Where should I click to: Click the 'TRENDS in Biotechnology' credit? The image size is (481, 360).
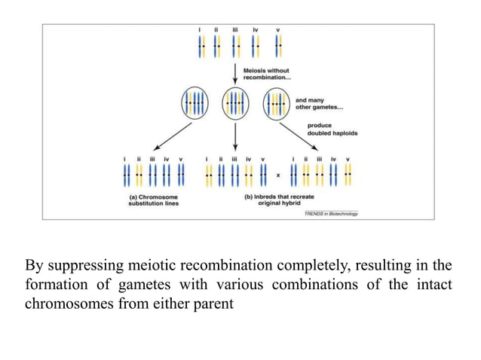[x=331, y=214]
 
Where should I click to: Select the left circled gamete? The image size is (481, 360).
[x=194, y=102]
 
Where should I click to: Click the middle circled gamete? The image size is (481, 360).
[x=236, y=102]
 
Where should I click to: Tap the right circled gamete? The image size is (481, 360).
[x=277, y=102]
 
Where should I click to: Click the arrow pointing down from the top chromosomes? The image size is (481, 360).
[x=236, y=74]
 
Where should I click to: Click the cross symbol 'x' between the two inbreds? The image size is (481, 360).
[x=278, y=176]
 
